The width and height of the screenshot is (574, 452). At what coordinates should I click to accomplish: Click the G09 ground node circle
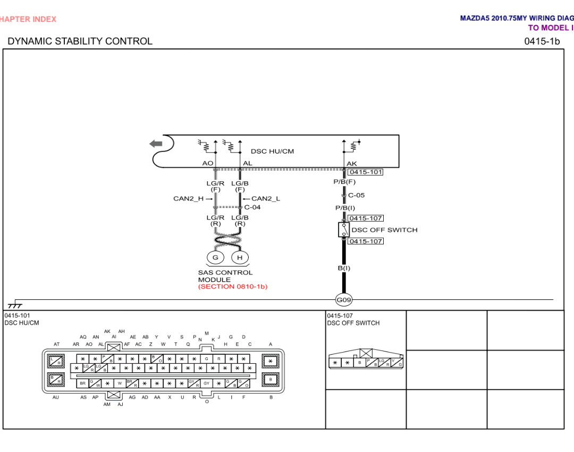(344, 300)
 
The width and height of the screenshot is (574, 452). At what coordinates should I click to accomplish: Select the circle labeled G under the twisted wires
(215, 258)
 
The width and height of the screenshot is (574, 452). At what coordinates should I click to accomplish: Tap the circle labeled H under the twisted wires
(240, 258)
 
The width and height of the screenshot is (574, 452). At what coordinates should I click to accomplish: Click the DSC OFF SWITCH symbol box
(343, 230)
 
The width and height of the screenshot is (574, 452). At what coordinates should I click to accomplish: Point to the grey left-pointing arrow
(156, 144)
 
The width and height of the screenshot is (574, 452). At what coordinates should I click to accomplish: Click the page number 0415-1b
(542, 41)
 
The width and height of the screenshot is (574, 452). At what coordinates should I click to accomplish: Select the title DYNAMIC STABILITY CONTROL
(80, 41)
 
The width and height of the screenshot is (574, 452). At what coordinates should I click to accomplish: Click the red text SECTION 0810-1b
(233, 287)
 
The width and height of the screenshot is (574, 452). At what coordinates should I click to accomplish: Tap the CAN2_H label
(188, 199)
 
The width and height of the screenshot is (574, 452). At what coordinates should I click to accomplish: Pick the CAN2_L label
(266, 199)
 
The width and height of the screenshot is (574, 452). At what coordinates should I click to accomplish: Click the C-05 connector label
(356, 195)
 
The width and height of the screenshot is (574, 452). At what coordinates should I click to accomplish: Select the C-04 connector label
(252, 207)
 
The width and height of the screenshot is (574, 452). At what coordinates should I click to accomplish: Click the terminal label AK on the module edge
(352, 164)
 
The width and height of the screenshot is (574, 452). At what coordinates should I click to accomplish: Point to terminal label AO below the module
(207, 163)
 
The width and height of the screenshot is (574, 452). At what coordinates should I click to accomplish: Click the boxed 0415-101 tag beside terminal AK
(366, 172)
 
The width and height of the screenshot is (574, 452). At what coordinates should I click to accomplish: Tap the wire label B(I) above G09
(344, 268)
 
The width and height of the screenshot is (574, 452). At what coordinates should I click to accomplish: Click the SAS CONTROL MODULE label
(225, 276)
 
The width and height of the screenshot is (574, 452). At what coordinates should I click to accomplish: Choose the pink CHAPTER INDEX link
(28, 19)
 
